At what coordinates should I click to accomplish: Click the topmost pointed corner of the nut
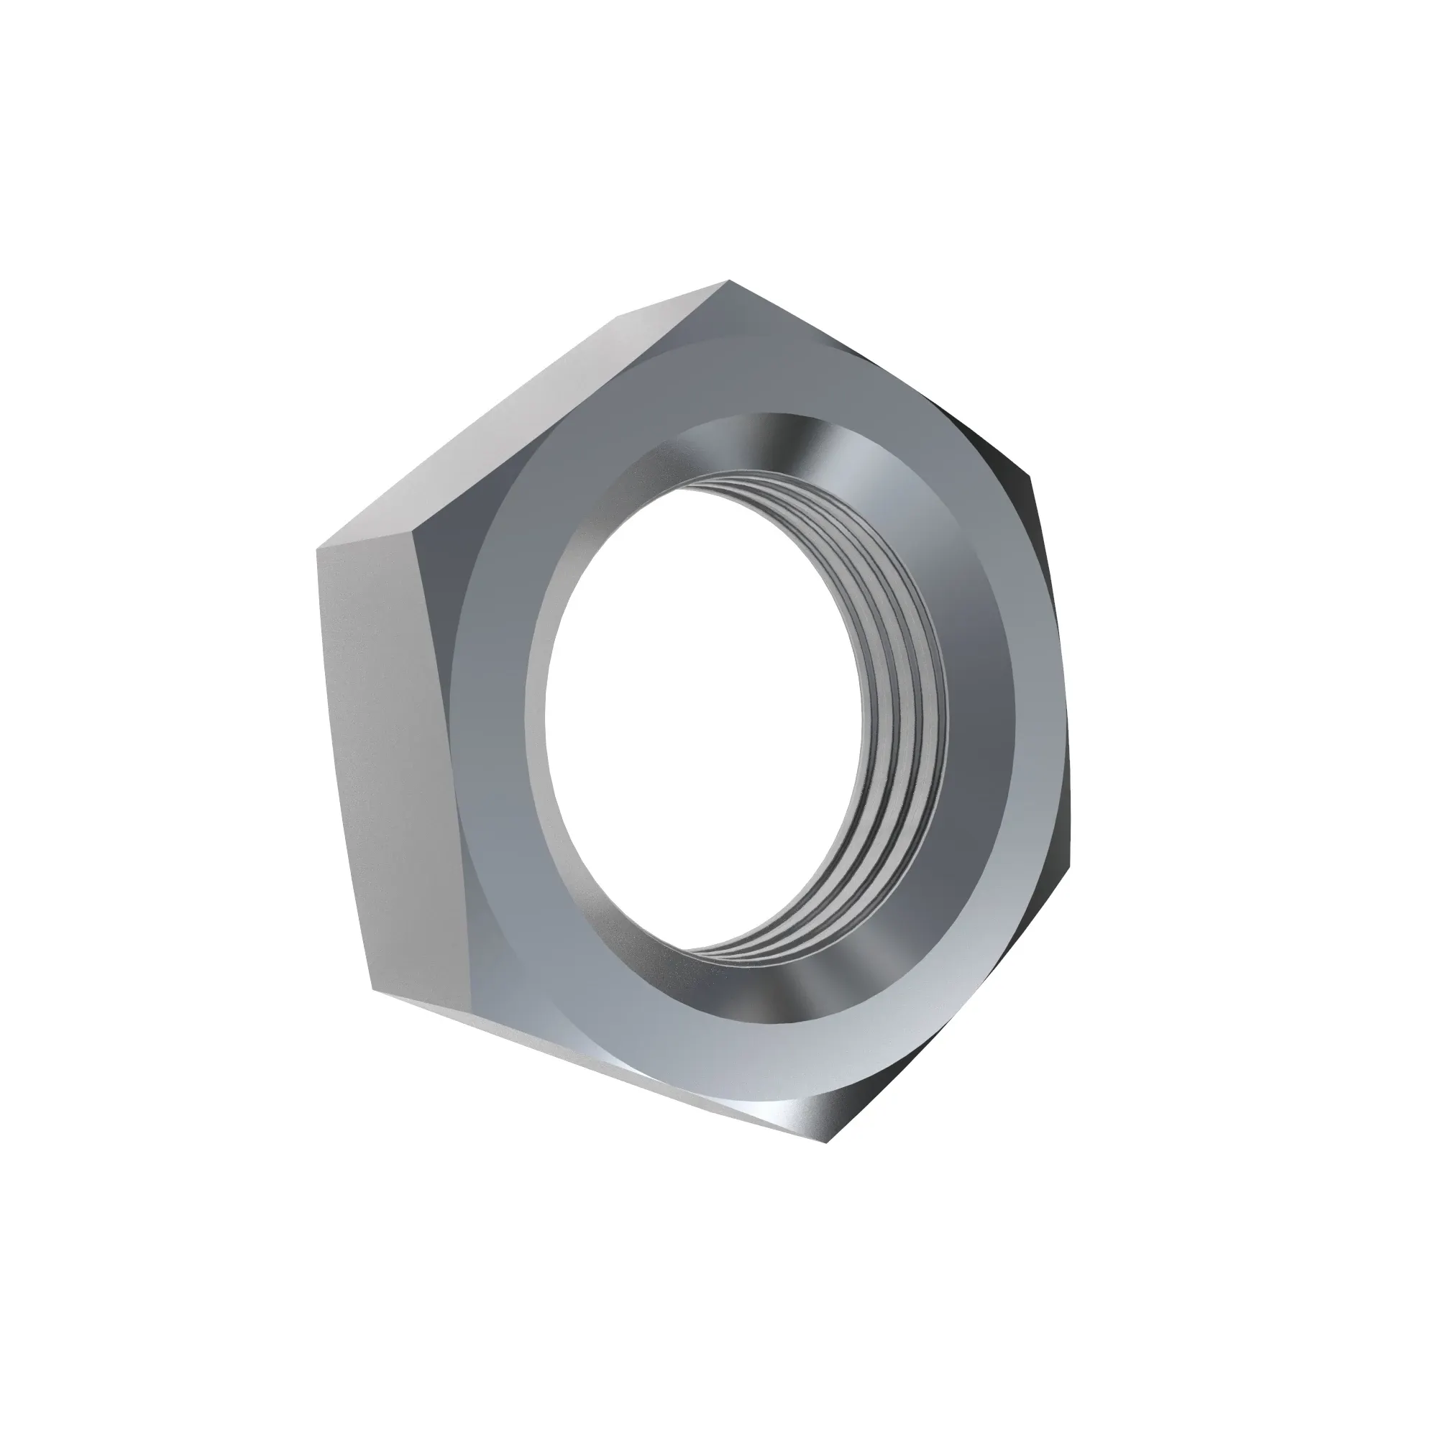point(728,282)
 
